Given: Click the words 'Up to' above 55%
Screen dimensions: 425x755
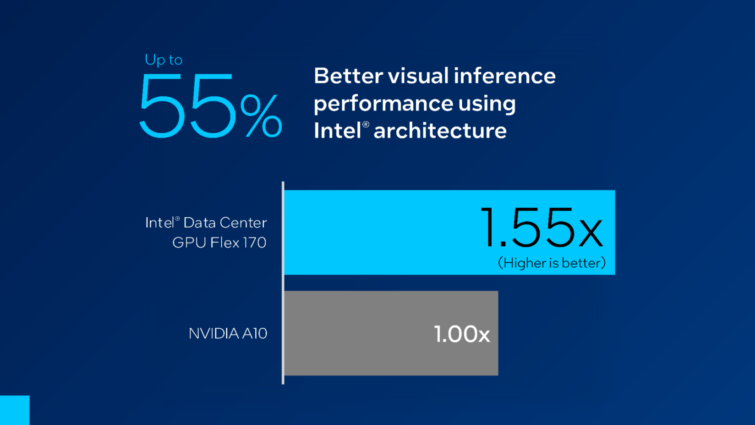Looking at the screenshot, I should coord(164,60).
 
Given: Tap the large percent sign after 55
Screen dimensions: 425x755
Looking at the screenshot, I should coord(261,116).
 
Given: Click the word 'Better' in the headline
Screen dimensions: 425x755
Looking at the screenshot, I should coord(348,76).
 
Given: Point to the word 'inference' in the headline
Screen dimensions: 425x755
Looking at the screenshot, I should coord(504,76).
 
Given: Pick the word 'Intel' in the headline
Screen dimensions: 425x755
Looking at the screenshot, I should coord(338,131).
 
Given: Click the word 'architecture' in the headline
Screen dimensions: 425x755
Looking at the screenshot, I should coord(440,131).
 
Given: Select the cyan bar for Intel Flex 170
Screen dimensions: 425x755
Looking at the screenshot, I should coord(380,232).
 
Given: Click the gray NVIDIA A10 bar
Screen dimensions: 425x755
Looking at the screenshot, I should coord(357,333).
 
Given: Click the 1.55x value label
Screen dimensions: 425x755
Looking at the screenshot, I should coord(542,228).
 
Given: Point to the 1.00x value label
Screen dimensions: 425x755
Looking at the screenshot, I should coord(462,334).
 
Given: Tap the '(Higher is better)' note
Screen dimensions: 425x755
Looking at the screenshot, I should coord(552,263).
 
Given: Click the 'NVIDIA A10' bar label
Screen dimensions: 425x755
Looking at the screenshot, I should coord(228,333).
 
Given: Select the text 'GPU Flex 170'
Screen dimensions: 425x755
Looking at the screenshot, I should coord(219,243).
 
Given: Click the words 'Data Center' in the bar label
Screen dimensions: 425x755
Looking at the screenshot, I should coord(225,223).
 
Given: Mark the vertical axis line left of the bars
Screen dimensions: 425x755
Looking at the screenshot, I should coord(283,283).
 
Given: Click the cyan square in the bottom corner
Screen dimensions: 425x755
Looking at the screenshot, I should coord(15,410).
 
